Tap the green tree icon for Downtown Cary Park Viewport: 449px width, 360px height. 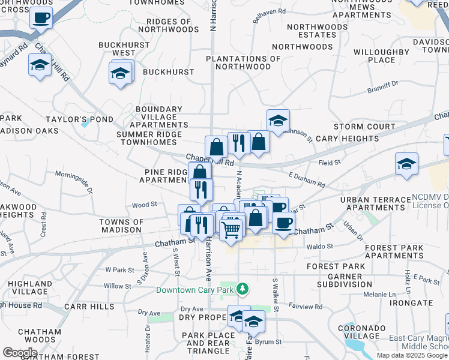pyautogui.click(x=242, y=290)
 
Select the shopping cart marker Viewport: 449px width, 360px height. pyautogui.click(x=231, y=229)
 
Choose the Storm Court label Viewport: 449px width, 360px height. pyautogui.click(x=364, y=127)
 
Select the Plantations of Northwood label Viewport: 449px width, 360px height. pyautogui.click(x=243, y=62)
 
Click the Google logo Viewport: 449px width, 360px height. pyautogui.click(x=20, y=352)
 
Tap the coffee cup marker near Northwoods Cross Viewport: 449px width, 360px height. pyautogui.click(x=41, y=17)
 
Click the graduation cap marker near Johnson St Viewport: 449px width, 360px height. pyautogui.click(x=278, y=121)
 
